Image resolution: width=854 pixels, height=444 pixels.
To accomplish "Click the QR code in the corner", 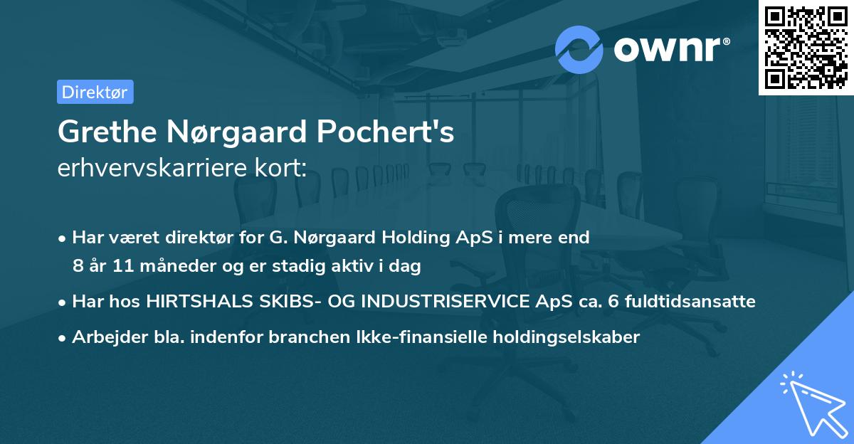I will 806,48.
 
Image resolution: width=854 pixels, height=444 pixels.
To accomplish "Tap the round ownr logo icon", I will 579,49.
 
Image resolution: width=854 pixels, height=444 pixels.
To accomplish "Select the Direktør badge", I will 95,92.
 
